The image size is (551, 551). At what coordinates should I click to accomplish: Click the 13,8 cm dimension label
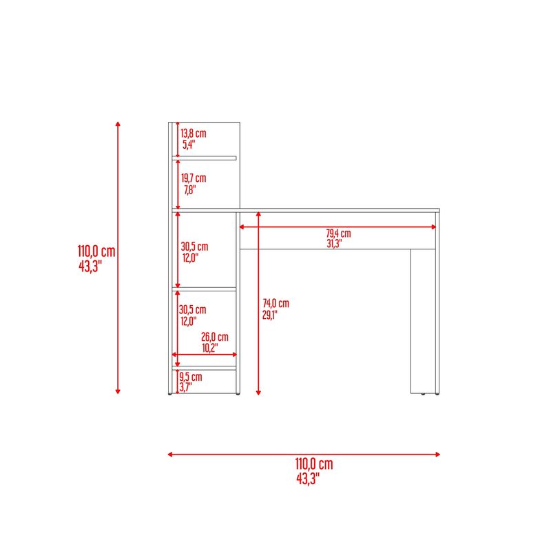pos(194,134)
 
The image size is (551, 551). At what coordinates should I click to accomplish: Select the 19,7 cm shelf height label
pos(194,178)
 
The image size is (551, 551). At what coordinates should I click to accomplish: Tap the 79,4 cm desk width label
pos(338,233)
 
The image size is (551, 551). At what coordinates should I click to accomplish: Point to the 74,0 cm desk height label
pos(276,303)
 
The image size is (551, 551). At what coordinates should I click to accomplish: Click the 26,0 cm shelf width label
pos(215,337)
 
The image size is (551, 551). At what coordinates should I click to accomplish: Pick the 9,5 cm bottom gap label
pos(191,377)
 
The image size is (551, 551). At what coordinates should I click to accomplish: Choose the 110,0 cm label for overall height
pos(96,251)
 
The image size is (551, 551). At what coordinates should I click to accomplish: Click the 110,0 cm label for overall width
pos(314,464)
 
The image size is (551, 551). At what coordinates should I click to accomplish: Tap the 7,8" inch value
pos(190,190)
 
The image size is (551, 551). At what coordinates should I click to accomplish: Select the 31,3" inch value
pos(334,244)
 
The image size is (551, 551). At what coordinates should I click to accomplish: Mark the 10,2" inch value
pos(210,348)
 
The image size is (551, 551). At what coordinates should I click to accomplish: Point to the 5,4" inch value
pos(189,145)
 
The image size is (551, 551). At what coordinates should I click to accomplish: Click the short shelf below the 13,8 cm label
pos(204,158)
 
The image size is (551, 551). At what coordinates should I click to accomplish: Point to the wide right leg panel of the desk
pos(423,321)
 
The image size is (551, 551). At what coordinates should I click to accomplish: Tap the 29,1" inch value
pos(269,315)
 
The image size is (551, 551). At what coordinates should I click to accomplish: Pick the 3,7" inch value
pos(185,387)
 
